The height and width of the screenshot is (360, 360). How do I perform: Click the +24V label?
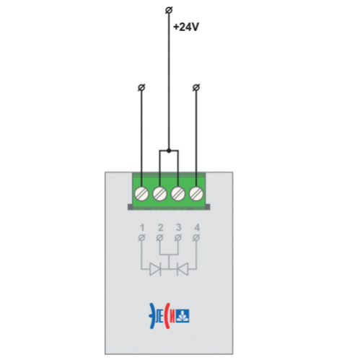coord(186,27)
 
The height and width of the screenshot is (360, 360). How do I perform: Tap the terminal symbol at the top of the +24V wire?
coord(169,10)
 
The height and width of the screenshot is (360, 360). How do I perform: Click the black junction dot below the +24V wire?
coord(169,151)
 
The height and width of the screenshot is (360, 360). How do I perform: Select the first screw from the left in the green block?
coord(141,193)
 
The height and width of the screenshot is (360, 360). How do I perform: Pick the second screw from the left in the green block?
coord(159,193)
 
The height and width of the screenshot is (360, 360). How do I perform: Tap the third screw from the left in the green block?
coord(178,193)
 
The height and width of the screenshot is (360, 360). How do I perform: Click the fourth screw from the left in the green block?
coord(196,193)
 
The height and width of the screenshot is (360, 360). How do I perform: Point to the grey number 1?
coord(142,227)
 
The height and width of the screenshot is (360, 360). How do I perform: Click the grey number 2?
coord(160,227)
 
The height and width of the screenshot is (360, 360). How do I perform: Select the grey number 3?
coord(178,227)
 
